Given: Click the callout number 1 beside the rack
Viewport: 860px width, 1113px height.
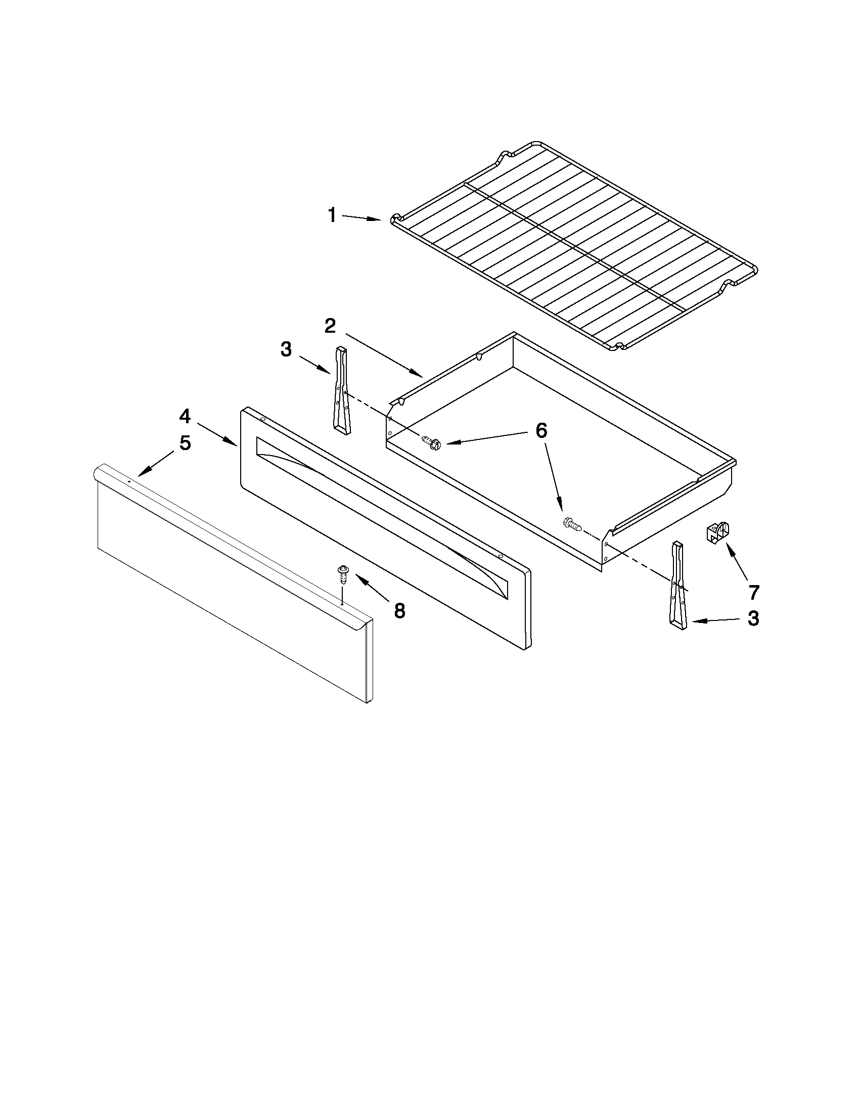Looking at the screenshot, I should point(332,215).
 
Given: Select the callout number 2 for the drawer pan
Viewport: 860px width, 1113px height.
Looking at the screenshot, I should point(331,326).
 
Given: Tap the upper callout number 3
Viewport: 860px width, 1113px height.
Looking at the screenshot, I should point(286,349).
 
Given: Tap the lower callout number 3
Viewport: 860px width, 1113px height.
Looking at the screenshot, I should point(753,618).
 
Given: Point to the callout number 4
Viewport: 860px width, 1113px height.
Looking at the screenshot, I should point(185,416).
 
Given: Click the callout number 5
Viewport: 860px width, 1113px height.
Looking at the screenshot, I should point(185,443).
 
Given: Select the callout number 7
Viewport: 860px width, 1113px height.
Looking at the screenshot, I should point(753,592).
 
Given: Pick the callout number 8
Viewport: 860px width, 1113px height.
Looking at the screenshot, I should point(399,610).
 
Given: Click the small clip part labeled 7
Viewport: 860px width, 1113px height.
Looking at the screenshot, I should point(715,532).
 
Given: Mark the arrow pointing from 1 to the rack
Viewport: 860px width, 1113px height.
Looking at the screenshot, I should point(361,218).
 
